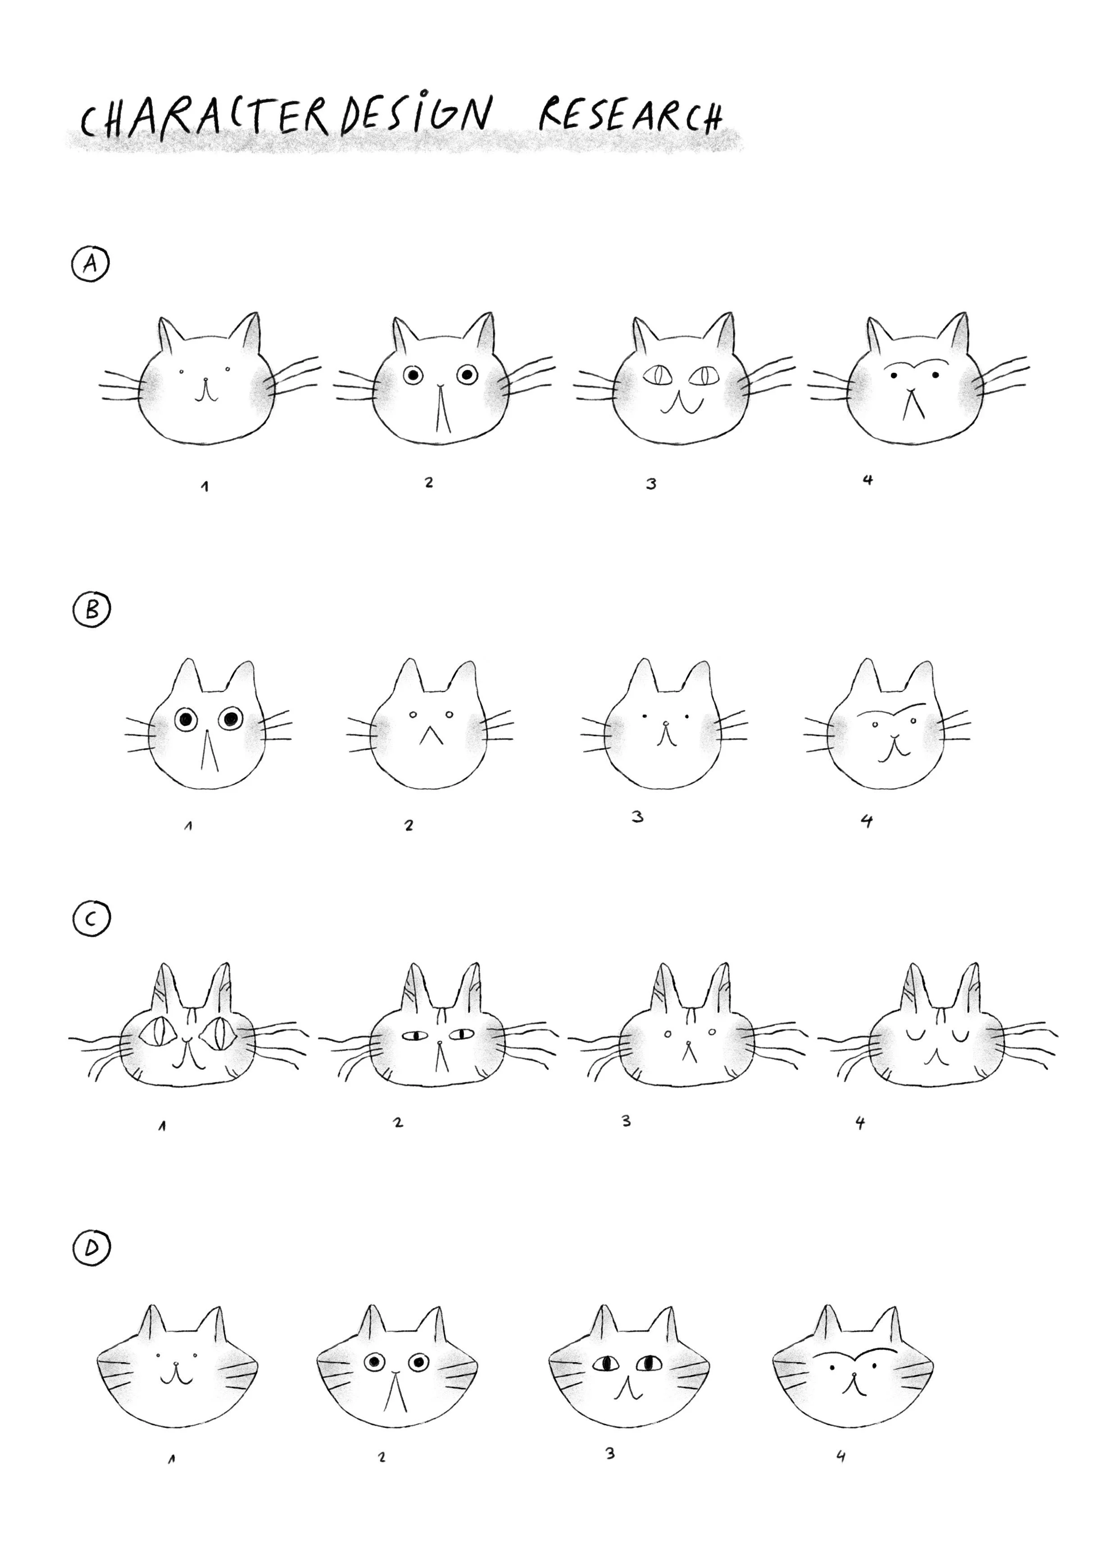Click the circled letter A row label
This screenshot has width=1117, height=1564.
point(90,265)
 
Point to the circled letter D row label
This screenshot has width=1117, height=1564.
point(91,1248)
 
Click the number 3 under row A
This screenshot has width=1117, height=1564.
point(651,484)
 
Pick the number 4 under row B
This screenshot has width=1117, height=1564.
point(867,821)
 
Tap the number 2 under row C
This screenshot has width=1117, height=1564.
point(398,1122)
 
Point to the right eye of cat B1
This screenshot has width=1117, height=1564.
point(231,719)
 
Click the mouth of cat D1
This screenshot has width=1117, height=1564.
point(177,1373)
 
